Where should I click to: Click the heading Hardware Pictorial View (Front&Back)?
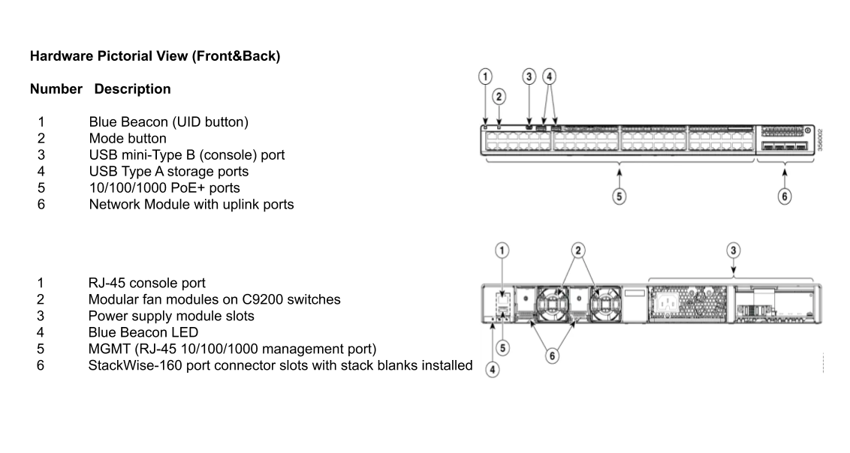click(155, 56)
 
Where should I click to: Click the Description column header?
click(132, 89)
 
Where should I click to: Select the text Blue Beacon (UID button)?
click(168, 122)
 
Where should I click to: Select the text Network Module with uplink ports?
click(191, 204)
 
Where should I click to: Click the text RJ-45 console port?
click(147, 283)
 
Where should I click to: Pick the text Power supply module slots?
click(171, 316)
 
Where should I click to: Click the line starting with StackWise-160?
click(280, 365)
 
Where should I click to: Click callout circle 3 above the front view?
click(529, 76)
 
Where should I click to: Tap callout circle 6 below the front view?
click(785, 196)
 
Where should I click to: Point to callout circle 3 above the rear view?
click(734, 250)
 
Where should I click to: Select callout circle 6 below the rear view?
click(552, 355)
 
